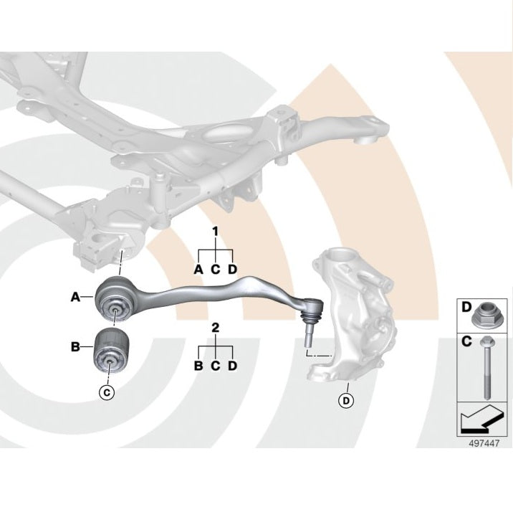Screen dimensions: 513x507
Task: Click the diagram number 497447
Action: click(x=484, y=443)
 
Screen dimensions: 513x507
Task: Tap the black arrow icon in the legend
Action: click(x=481, y=420)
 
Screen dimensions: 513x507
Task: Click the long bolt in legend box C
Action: click(x=485, y=368)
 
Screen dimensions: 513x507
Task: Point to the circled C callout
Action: click(x=107, y=392)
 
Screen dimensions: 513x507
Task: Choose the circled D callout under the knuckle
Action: click(x=346, y=400)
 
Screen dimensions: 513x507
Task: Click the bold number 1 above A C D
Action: click(x=215, y=232)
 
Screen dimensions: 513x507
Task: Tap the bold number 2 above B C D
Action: click(x=215, y=328)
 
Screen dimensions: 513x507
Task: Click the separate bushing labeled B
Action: click(x=110, y=352)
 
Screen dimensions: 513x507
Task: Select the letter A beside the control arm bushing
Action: click(x=75, y=297)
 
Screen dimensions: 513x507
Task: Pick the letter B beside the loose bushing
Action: click(x=75, y=346)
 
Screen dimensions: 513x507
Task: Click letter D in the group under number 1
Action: click(x=232, y=269)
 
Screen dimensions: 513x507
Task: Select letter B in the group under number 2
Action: click(x=198, y=366)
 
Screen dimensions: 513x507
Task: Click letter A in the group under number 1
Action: click(x=198, y=269)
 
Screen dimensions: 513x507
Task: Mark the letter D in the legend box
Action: click(x=466, y=307)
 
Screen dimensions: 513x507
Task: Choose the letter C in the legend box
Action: click(x=466, y=341)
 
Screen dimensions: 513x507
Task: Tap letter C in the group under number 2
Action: click(x=215, y=366)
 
